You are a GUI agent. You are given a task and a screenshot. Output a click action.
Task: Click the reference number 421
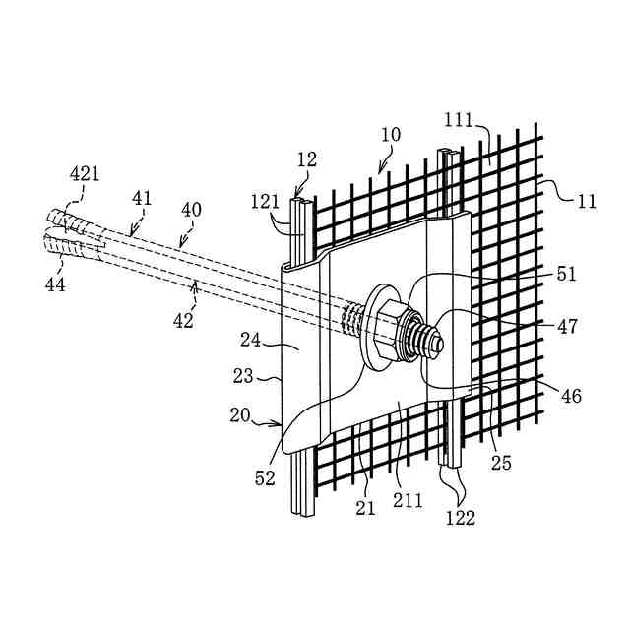click(x=85, y=175)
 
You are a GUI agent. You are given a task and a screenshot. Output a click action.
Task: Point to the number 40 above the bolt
click(x=190, y=211)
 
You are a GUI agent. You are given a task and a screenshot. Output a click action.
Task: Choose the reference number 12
click(x=306, y=158)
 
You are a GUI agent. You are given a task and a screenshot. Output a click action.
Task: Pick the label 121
click(x=265, y=202)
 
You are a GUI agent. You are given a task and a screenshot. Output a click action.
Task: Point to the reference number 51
click(x=566, y=275)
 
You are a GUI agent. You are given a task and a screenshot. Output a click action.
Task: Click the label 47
click(x=567, y=326)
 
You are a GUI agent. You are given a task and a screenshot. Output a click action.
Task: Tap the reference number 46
click(x=571, y=397)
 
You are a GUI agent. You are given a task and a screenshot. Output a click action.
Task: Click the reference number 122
click(x=460, y=517)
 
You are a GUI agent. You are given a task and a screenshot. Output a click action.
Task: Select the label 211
click(x=409, y=499)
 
